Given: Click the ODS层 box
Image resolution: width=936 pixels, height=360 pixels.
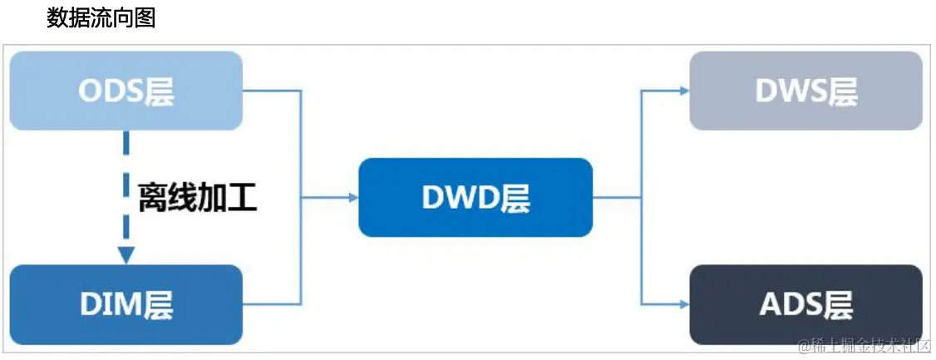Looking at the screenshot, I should tap(126, 91).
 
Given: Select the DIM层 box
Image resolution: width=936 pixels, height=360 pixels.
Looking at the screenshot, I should tap(126, 304).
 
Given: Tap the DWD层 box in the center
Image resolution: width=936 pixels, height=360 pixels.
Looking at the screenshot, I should tap(475, 197).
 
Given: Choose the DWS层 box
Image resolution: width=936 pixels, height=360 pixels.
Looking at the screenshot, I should tap(805, 91).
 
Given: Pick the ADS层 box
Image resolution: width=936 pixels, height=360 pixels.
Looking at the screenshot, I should tap(805, 304).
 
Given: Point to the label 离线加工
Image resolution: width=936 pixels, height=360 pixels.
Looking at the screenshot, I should tap(197, 198).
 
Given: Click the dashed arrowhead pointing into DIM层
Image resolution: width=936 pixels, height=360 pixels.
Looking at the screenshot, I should tap(126, 255).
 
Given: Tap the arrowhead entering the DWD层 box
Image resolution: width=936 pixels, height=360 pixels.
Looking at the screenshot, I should tap(353, 197).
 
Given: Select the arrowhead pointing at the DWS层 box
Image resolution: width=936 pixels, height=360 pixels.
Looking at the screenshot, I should tap(684, 91).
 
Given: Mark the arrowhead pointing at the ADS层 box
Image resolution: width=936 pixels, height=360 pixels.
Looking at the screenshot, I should tap(684, 304).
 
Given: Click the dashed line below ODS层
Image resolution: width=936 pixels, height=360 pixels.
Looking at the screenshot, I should tap(126, 158).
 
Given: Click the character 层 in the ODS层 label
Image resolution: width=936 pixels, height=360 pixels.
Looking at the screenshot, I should tap(159, 91).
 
